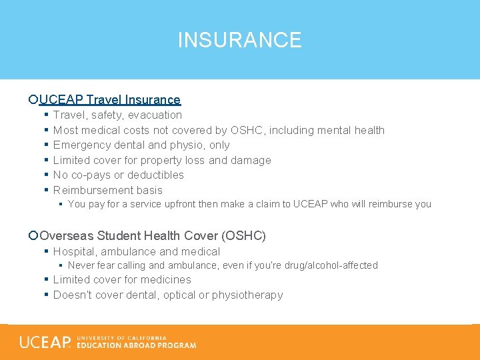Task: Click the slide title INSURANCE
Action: coord(239,40)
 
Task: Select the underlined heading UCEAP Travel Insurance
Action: coord(109,100)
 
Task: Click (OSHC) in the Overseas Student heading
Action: coord(243,235)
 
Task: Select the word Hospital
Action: coord(74,251)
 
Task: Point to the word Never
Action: coord(82,265)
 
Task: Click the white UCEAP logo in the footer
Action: coord(45,342)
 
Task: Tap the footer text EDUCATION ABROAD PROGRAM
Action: coord(137,345)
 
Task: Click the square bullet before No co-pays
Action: coord(45,175)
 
